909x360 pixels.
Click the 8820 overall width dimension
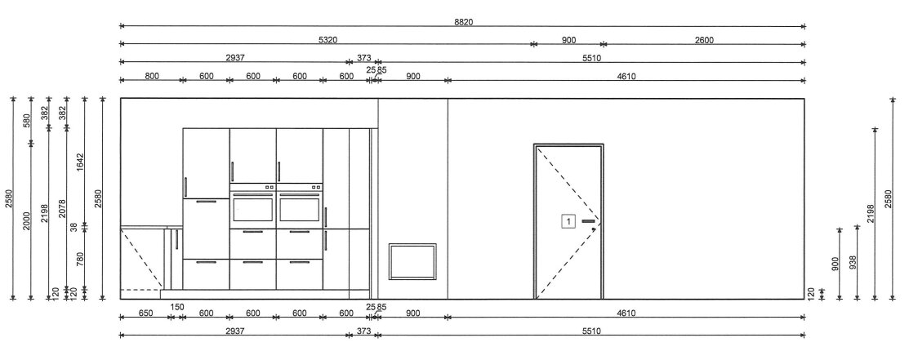463,22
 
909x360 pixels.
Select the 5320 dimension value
328,40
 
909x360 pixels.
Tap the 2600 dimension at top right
704,40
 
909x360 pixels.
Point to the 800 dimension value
151,76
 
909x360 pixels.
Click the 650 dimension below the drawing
145,313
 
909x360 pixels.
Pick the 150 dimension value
176,307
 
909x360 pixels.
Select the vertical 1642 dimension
81,163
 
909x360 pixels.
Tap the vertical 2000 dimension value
27,220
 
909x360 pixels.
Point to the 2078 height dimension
63,209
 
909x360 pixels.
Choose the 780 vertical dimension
81,259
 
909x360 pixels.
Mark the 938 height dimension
852,263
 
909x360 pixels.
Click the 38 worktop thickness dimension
74,227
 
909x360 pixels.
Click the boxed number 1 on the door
568,221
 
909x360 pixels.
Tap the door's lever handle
589,221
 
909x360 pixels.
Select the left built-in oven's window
252,207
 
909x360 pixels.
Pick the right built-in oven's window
300,207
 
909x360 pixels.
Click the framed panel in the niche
412,261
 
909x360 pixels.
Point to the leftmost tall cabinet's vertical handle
186,187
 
